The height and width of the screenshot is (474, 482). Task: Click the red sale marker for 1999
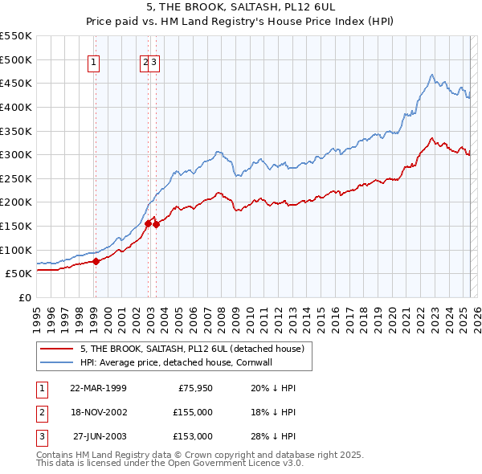coord(96,260)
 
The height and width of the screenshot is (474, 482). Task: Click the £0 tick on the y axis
coord(26,297)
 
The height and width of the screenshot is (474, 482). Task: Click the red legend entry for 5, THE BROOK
coord(191,349)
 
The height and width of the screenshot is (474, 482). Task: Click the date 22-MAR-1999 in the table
coord(98,388)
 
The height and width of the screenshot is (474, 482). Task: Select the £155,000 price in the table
coord(192,412)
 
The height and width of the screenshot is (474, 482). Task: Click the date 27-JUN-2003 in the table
coord(98,436)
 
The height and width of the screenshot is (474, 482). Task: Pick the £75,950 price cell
coord(194,388)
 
